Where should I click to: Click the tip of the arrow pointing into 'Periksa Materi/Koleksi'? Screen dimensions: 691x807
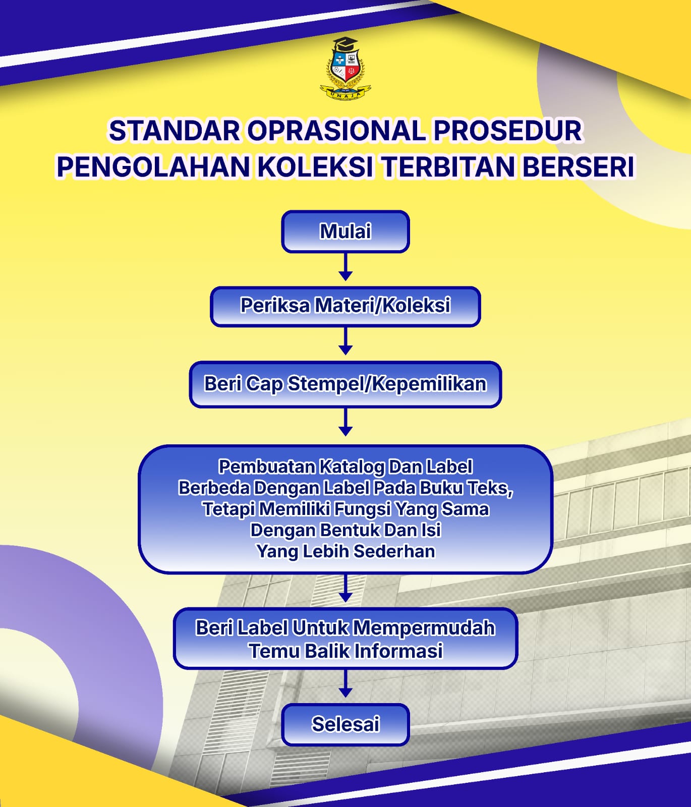345,281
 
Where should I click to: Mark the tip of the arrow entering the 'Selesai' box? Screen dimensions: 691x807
345,698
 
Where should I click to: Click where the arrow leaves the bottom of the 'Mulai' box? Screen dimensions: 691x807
345,253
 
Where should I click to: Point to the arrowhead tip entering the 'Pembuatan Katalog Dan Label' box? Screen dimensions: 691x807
345,436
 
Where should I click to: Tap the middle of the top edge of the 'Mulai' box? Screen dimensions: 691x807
345,211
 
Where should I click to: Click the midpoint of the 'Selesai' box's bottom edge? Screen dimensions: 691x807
345,745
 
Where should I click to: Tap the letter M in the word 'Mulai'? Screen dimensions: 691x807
329,232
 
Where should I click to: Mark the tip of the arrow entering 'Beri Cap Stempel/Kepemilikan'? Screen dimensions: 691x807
345,355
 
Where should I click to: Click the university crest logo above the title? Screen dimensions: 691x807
345,69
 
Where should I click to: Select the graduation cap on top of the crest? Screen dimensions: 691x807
345,43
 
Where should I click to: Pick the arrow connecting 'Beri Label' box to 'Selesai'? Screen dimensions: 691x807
345,683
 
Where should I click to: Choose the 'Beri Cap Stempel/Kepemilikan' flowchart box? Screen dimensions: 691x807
345,384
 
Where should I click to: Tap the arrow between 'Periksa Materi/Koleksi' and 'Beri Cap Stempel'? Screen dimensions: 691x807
345,340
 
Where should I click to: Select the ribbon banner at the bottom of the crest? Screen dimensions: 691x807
345,93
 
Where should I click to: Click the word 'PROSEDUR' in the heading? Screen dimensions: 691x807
508,131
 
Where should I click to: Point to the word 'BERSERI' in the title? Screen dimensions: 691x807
578,167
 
